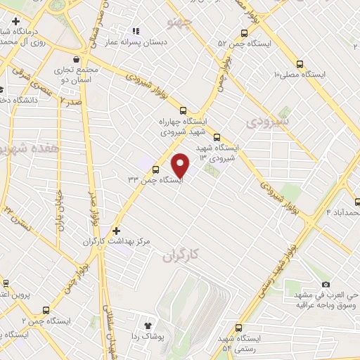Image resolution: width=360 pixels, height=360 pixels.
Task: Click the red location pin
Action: (x=181, y=165)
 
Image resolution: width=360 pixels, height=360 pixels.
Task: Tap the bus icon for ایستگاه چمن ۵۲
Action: (x=244, y=32)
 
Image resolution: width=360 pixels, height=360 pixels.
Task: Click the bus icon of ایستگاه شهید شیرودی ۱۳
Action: (x=216, y=137)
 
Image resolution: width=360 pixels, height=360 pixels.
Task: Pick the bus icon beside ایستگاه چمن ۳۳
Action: (x=155, y=169)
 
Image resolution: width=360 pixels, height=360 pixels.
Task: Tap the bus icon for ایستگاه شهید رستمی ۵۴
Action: (x=238, y=328)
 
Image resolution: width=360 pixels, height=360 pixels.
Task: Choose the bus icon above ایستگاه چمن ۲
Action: (x=46, y=309)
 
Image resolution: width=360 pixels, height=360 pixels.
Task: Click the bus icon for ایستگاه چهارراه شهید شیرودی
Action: (x=184, y=110)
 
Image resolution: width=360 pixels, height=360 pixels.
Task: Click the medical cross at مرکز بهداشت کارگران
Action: (x=117, y=230)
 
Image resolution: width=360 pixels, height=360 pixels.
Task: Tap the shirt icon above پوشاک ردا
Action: (x=148, y=326)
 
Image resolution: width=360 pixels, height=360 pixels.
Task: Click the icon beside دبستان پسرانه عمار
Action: (x=136, y=32)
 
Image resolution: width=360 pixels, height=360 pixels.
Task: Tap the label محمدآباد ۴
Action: (x=344, y=212)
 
